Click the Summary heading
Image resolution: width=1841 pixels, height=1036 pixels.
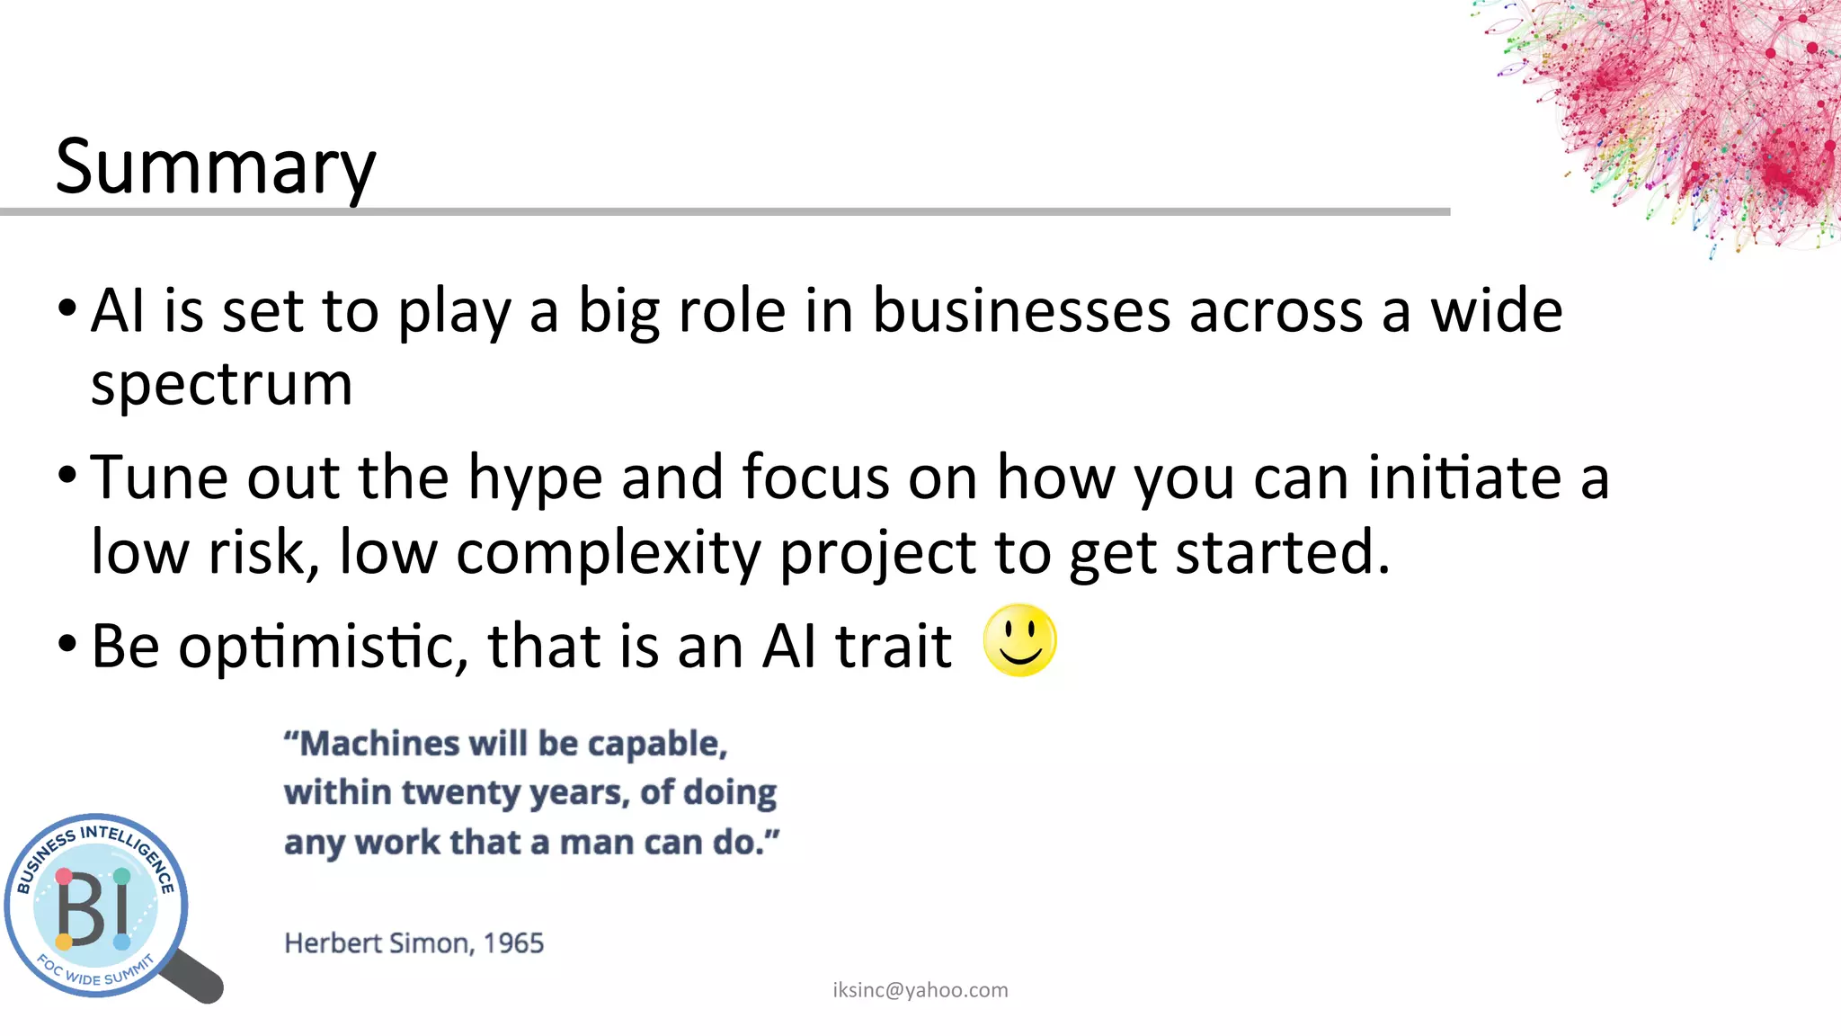coord(216,167)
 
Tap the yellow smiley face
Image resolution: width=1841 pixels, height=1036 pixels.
coord(1019,640)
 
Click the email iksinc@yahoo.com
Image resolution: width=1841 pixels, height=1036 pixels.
coord(920,990)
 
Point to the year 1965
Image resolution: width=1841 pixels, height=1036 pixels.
coord(513,943)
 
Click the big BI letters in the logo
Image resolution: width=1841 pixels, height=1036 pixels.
coord(93,909)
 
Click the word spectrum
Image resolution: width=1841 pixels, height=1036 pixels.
coord(221,385)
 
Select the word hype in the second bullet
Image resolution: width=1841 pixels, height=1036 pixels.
coord(535,478)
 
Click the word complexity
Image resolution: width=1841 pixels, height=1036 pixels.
coord(609,552)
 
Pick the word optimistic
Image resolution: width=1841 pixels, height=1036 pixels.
coord(324,647)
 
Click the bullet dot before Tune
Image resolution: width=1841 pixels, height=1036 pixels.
coord(67,475)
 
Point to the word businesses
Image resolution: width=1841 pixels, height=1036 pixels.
coord(1022,311)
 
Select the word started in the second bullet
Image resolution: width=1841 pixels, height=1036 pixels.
coord(1283,552)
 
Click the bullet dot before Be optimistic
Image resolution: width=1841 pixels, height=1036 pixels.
coord(67,644)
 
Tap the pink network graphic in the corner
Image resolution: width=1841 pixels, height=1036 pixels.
coord(1690,108)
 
